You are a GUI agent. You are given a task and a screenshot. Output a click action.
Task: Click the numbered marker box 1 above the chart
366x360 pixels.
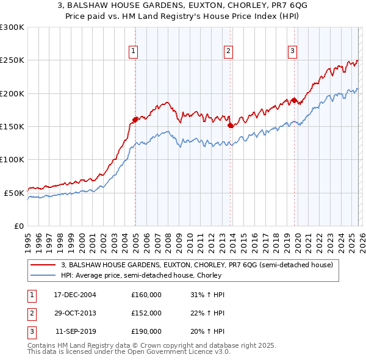pos(133,51)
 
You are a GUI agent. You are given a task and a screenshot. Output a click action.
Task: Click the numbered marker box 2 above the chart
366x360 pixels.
pos(228,51)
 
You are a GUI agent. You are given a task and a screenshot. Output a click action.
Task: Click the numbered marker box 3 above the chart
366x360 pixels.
pos(292,51)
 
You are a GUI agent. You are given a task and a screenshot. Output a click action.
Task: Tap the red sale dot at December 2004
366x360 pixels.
pos(135,120)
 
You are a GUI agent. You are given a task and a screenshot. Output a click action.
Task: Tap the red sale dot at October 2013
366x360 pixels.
pos(231,125)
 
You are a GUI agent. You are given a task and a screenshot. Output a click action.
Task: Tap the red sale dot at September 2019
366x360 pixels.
pos(294,100)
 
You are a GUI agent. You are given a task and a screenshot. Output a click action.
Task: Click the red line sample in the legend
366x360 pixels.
pos(44,265)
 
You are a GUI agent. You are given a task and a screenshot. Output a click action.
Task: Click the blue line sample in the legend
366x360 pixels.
pos(44,275)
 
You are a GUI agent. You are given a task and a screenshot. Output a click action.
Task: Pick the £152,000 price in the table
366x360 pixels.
pos(146,313)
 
